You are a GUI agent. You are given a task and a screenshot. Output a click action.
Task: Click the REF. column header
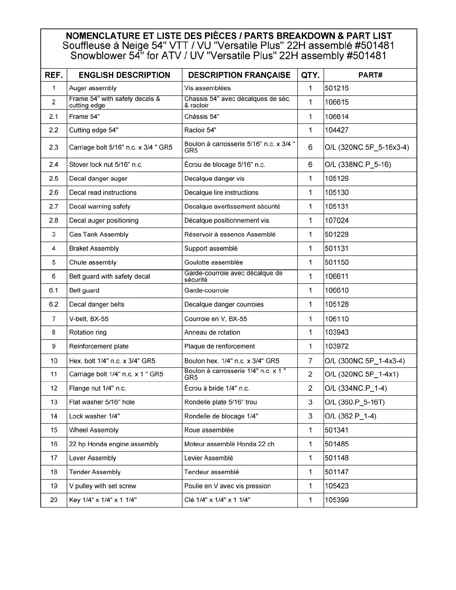(54, 75)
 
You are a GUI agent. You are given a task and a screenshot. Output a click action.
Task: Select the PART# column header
(370, 75)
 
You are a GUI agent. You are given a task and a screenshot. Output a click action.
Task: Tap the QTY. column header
(310, 75)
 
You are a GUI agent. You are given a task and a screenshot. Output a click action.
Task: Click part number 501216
(337, 88)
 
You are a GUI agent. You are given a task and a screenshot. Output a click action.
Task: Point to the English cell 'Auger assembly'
(93, 88)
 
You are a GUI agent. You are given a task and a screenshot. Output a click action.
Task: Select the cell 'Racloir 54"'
(200, 130)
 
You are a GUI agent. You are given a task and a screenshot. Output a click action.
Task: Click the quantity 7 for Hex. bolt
(310, 361)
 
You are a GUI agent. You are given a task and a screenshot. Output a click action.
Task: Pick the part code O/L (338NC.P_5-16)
(358, 165)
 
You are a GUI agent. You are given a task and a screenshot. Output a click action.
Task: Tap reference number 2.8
(54, 221)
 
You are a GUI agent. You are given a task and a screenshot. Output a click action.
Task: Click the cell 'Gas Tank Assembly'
(99, 234)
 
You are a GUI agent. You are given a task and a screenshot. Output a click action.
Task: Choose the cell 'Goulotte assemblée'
(213, 262)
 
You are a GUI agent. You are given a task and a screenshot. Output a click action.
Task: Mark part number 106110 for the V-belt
(337, 319)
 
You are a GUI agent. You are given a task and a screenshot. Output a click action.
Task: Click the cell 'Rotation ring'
(88, 332)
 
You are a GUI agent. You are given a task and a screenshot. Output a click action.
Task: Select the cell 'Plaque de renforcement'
(219, 346)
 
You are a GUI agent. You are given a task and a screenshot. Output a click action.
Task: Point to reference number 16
(54, 444)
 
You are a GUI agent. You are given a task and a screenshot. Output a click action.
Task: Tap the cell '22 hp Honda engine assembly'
(114, 444)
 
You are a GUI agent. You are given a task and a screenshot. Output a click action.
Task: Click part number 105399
(337, 500)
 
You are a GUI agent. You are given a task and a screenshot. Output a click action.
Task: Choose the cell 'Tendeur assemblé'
(212, 472)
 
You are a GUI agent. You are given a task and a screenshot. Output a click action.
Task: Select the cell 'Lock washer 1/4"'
(95, 416)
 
